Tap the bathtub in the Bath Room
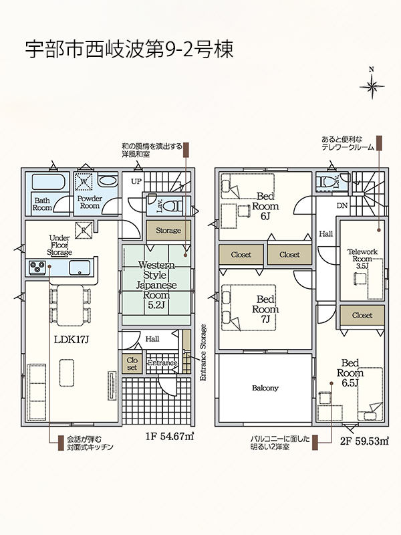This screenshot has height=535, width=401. (47, 181)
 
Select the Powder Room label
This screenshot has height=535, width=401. (90, 202)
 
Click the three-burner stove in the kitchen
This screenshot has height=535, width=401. (37, 267)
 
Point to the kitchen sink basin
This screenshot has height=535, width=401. (80, 267)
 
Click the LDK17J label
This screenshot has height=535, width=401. (72, 339)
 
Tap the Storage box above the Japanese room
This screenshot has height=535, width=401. (168, 230)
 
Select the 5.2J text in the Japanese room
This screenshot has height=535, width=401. (156, 305)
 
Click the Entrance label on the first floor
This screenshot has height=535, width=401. (162, 363)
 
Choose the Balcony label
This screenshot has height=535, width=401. (265, 388)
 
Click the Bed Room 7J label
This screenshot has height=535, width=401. (265, 309)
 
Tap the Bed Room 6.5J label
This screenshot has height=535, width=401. (350, 373)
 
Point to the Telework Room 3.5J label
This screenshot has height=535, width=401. (362, 259)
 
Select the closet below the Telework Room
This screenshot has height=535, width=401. (362, 316)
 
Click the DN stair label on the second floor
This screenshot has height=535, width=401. (342, 206)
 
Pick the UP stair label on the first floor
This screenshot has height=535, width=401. (136, 181)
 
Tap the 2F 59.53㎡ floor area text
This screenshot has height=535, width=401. (364, 441)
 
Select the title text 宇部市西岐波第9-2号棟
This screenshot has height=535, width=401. (129, 49)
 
